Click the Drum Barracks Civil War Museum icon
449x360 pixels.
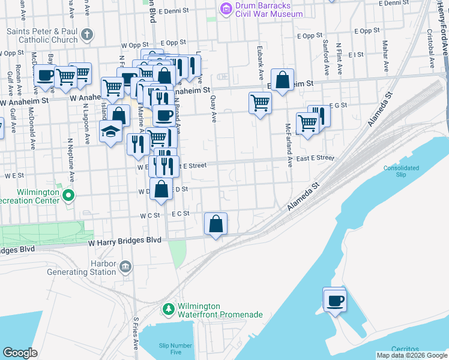226,8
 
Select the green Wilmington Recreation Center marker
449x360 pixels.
69,195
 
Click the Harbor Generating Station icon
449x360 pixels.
125,266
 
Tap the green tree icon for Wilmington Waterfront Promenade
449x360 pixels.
169,310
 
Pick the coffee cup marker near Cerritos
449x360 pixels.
334,299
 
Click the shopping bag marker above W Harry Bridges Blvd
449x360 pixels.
215,224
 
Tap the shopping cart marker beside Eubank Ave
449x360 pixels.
260,103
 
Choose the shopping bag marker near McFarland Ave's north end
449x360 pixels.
282,80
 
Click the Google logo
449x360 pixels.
20,353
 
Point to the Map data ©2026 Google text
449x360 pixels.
412,355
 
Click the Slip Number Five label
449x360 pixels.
175,349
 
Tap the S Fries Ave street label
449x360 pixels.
136,334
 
